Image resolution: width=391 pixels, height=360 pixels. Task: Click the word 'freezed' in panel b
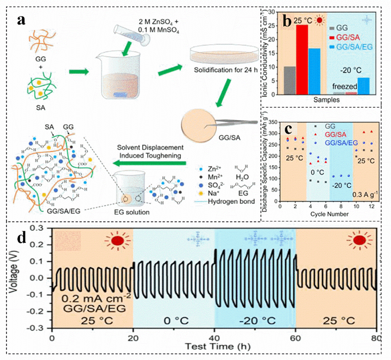tap(343, 86)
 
